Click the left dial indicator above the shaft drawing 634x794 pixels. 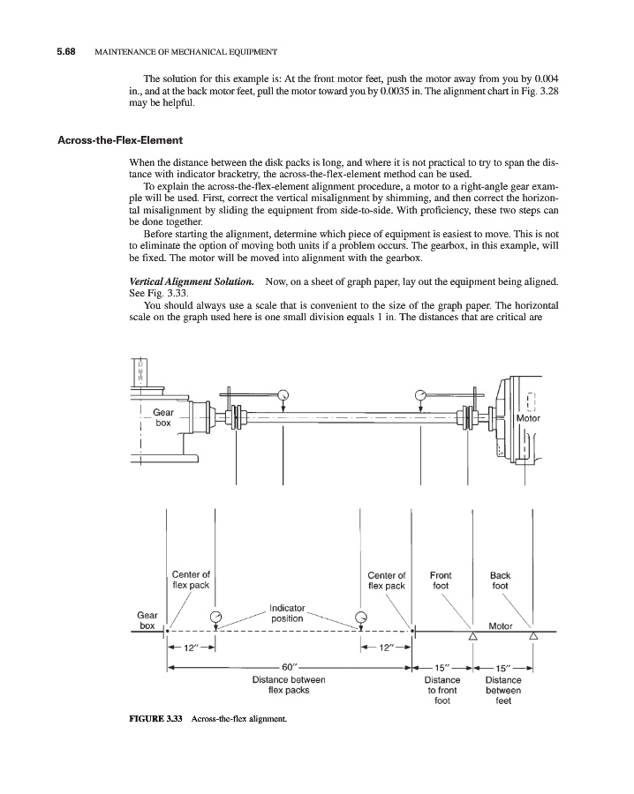tap(283, 394)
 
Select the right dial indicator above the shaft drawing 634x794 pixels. tap(420, 394)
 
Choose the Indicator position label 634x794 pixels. tap(287, 613)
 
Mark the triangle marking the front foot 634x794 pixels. tap(472, 636)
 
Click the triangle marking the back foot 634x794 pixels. tap(532, 636)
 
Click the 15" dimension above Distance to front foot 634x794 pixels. tap(442, 668)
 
